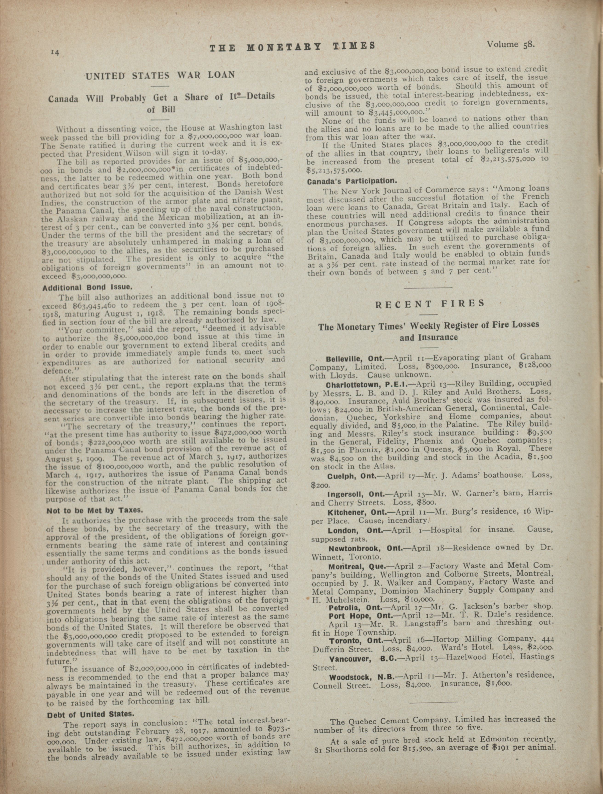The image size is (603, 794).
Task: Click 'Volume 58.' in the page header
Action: point(510,45)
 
